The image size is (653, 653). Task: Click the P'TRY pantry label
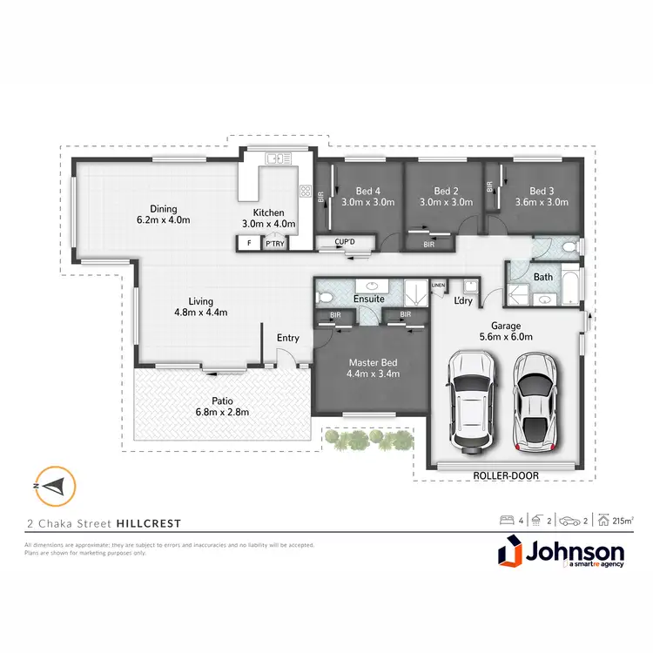[x=276, y=244]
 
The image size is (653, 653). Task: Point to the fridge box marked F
[x=250, y=244]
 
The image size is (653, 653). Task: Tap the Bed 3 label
[x=542, y=192]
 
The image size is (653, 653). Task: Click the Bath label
[x=543, y=278]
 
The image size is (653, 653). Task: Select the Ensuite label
[x=368, y=298]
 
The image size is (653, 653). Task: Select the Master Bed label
[x=372, y=363]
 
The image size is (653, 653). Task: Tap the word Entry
[x=287, y=338]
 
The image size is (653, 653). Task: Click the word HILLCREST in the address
[x=150, y=523]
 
